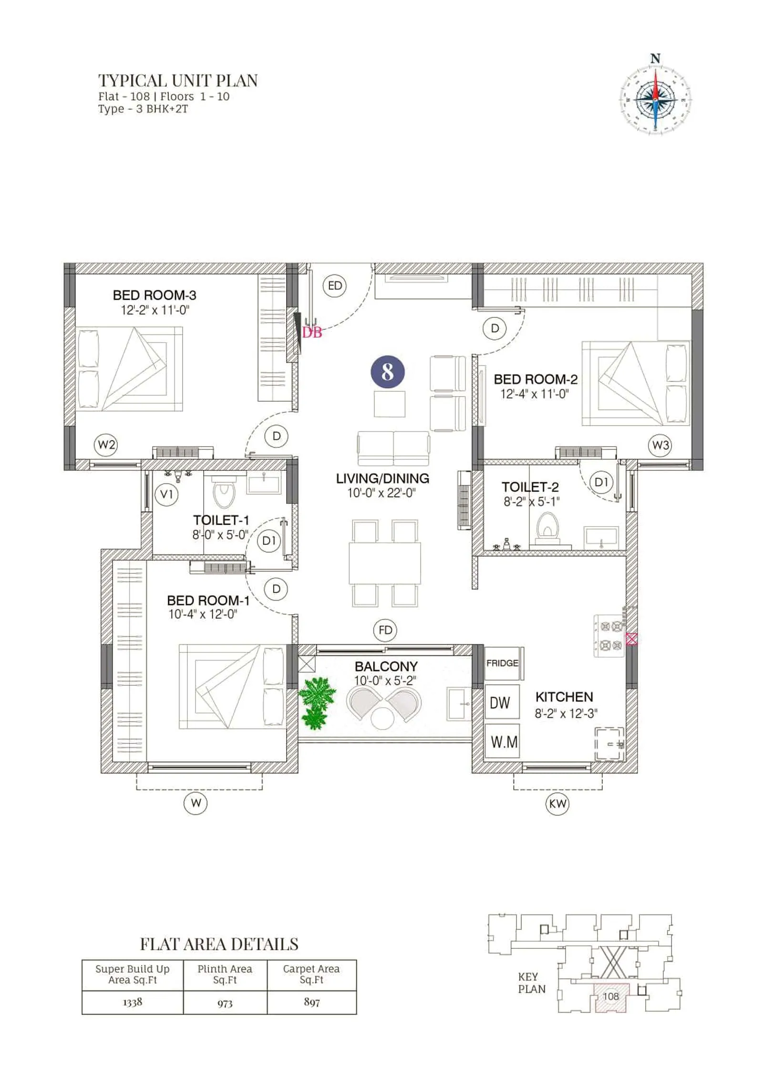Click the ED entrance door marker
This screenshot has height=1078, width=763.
click(x=335, y=285)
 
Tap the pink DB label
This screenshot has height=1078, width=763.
click(x=312, y=333)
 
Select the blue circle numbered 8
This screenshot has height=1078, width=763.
click(x=388, y=372)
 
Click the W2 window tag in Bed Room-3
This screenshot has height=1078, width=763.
click(x=106, y=445)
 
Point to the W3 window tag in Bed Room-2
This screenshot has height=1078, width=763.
click(x=660, y=445)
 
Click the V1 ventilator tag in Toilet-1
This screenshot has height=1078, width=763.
click(x=166, y=494)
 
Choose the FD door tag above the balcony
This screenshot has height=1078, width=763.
click(x=385, y=630)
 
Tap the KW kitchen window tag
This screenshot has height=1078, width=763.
click(x=557, y=804)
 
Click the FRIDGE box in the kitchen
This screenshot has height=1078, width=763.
click(x=503, y=663)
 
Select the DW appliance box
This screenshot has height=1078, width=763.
click(x=500, y=702)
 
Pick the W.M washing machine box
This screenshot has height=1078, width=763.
click(x=504, y=742)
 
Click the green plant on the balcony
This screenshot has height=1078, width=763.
click(x=316, y=702)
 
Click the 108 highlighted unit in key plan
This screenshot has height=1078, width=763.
click(x=611, y=996)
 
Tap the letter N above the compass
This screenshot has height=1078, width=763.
click(x=656, y=59)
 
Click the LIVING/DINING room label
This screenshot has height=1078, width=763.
click(x=382, y=478)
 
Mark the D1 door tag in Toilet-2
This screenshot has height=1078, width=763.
click(x=601, y=482)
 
